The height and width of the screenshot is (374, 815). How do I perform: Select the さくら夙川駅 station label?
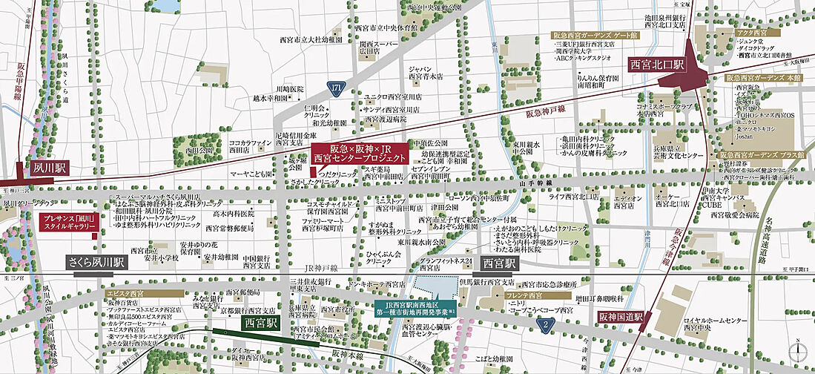click(96, 263)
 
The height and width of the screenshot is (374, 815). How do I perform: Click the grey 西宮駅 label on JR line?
click(501, 263)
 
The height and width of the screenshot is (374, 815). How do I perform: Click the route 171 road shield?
click(337, 88)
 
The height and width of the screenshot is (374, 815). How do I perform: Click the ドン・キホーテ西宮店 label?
click(377, 283)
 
